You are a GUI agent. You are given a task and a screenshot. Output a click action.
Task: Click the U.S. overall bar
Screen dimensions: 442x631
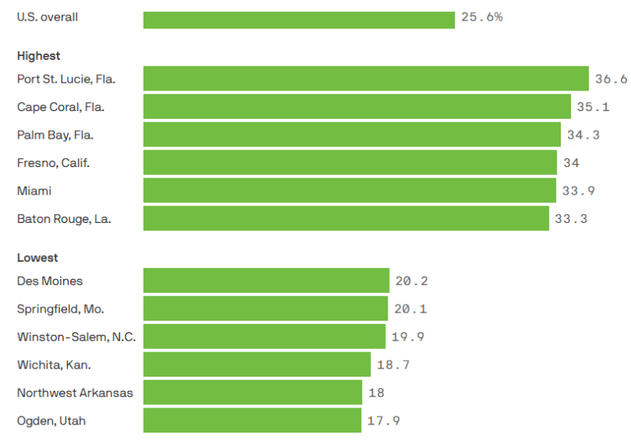coord(299,20)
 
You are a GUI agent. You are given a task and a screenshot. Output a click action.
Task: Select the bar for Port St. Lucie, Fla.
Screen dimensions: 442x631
coord(366,79)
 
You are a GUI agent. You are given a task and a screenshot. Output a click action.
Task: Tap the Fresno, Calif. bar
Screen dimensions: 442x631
coord(349,162)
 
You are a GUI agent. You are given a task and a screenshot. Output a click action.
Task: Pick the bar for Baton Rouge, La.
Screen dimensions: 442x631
coord(345,218)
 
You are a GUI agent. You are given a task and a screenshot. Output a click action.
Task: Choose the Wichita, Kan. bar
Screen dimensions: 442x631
coord(256,364)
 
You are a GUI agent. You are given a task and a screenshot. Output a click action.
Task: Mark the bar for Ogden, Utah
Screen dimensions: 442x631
coord(252,420)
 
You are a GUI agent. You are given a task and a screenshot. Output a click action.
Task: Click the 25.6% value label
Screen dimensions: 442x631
coord(482,17)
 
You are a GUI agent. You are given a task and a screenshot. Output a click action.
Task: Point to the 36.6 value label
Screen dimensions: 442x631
coord(611,79)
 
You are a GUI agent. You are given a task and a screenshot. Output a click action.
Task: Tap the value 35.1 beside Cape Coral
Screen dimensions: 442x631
coord(593,106)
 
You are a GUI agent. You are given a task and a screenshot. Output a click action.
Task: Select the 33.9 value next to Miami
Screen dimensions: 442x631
coord(578,191)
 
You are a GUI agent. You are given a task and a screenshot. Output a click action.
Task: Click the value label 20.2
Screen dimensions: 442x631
coord(412,280)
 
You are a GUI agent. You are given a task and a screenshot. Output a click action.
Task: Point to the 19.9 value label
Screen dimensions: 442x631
coord(408,336)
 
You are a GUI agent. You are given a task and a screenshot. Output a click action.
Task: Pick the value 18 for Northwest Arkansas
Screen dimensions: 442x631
coord(376,392)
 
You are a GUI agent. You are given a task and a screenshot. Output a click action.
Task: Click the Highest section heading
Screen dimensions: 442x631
coord(39,56)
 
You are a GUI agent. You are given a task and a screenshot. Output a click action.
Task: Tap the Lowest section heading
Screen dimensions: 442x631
coord(37,258)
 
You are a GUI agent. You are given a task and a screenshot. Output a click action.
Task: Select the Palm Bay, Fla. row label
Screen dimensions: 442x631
coord(55,135)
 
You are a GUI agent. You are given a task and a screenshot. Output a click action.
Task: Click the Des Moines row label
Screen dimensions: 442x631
coord(50,280)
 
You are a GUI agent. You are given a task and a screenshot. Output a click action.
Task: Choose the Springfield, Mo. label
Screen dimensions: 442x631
coord(60,309)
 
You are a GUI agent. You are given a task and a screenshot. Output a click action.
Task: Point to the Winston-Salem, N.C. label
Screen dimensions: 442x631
coord(77,336)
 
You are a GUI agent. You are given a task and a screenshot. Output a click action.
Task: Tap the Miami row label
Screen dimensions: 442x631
coord(34,191)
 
